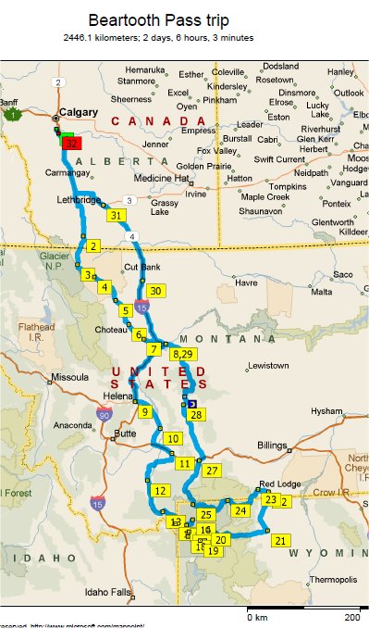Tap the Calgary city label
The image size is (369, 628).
(78, 113)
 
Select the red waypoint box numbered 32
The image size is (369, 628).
(72, 144)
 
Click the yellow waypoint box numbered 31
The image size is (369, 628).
(117, 216)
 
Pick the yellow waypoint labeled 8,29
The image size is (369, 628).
(181, 355)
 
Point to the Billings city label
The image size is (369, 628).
(272, 446)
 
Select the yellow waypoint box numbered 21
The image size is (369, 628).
(281, 540)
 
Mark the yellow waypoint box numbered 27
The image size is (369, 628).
(212, 471)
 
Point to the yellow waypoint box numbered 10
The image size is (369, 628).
(172, 438)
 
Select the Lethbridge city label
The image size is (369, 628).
(78, 200)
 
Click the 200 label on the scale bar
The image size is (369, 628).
(352, 617)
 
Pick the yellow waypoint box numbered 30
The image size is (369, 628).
(155, 291)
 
